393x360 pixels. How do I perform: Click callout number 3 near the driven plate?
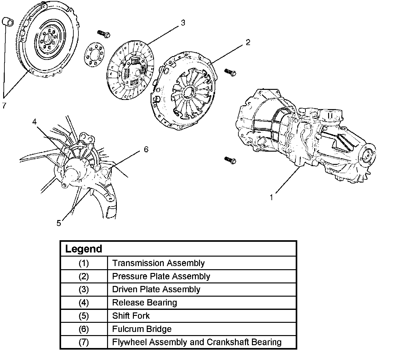tap(183, 23)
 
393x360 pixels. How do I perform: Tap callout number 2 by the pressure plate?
tap(248, 42)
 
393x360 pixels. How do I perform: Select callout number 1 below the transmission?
tap(271, 198)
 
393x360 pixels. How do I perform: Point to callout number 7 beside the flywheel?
tap(4, 106)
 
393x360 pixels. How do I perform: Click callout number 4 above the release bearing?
tap(34, 121)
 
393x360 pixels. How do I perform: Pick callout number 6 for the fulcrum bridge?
tap(146, 149)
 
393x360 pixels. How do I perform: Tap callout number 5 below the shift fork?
tap(59, 223)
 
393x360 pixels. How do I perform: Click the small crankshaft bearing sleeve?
tap(8, 22)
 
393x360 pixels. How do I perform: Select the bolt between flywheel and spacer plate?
tap(104, 33)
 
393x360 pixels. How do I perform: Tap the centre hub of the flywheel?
tap(47, 39)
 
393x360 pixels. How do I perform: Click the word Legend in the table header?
tap(83, 249)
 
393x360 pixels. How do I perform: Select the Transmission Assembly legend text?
tap(158, 263)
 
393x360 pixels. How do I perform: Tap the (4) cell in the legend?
tap(84, 303)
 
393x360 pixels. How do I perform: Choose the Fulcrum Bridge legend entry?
tap(142, 329)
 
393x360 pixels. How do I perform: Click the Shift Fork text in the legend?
tap(131, 316)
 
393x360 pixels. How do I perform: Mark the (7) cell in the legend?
tap(84, 342)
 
